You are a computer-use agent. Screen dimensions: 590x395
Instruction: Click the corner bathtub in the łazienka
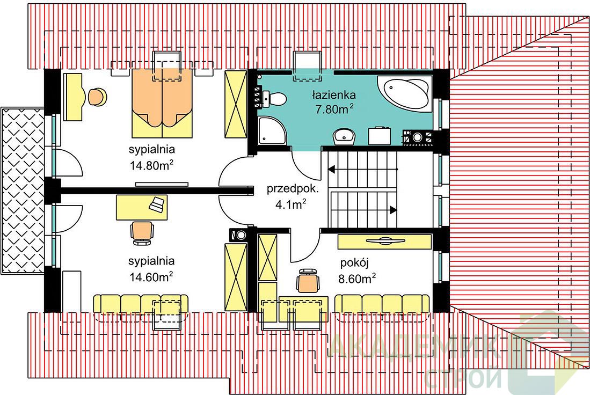pos(405,94)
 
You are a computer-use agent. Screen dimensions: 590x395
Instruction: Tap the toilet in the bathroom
pos(274,99)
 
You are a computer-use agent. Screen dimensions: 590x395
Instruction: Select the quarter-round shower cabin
pos(272,130)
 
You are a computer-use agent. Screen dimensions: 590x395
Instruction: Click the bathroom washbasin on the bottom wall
pos(344,136)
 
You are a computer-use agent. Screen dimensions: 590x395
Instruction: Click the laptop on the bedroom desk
pos(157,204)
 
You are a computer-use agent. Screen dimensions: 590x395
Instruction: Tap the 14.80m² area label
pos(151,165)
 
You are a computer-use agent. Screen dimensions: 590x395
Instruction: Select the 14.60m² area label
pos(151,277)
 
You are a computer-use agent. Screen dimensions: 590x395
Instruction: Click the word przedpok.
pos(293,189)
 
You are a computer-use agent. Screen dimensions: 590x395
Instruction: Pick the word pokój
pos(354,263)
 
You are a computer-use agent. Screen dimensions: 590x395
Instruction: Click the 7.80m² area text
pos(334,109)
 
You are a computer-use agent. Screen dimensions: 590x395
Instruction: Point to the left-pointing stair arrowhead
pos(331,170)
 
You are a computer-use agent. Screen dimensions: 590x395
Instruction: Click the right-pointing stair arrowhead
pos(393,210)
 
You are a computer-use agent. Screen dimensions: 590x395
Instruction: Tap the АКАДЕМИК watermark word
pos(414,346)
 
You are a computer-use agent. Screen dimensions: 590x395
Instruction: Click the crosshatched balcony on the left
pos(23,191)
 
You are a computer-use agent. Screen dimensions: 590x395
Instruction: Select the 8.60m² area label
pos(357,279)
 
